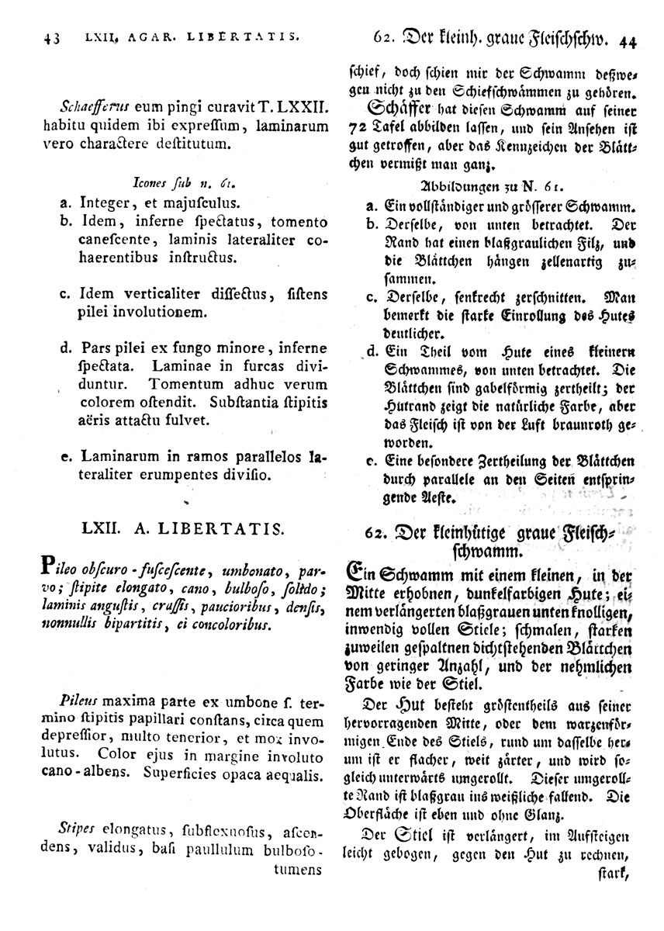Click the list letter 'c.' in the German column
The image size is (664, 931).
coord(372,297)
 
